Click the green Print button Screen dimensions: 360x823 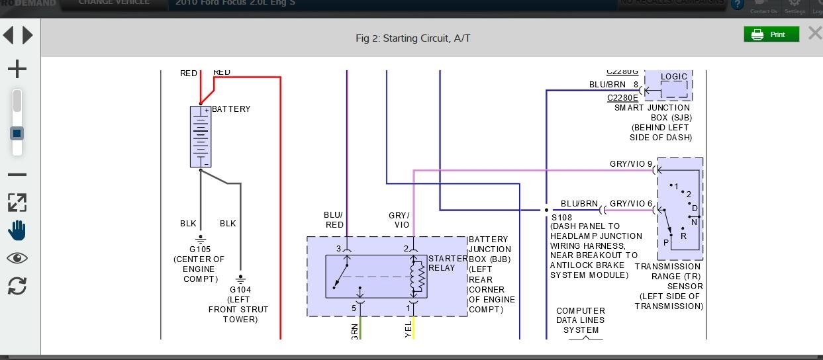771,34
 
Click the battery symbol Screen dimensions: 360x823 201,136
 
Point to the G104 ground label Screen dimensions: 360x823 240,289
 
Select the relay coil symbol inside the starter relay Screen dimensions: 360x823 417,277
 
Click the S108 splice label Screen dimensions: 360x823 561,217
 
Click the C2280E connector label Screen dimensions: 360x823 622,98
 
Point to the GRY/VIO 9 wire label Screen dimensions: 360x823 630,164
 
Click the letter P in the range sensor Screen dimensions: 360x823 665,242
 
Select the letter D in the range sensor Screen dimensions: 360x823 695,208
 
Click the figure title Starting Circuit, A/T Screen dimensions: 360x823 412,38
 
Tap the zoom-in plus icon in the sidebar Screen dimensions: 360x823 17,69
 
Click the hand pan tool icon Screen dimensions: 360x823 17,230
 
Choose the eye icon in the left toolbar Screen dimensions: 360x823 17,258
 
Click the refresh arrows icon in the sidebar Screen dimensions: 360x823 17,286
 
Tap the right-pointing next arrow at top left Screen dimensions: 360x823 28,35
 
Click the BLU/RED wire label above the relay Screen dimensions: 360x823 334,220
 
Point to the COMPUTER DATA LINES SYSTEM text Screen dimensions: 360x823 581,320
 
